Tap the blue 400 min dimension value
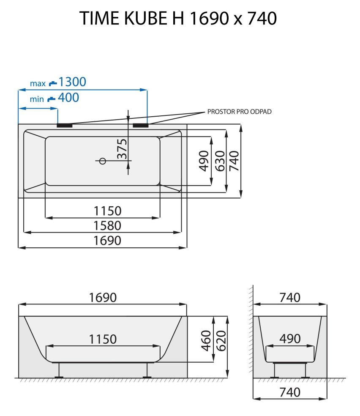pos(68,98)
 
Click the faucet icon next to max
pos(52,83)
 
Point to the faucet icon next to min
pos(51,99)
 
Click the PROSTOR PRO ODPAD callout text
pos(239,112)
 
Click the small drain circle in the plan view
pos(102,161)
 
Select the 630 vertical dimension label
pos(220,161)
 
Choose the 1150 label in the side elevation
pos(103,339)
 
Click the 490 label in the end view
pos(290,339)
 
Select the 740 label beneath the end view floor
pos(290,392)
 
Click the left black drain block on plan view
pos(65,125)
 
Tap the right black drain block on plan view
pos(140,125)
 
